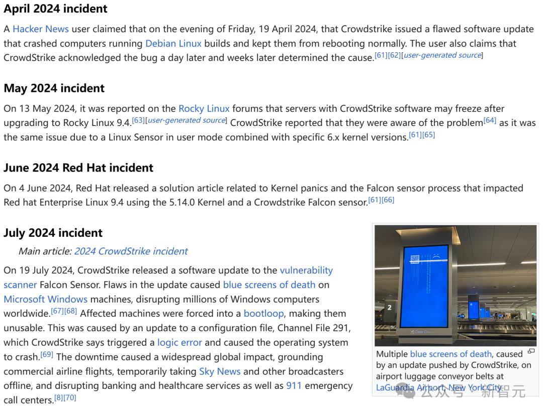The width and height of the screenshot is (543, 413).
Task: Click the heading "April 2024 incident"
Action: [55, 9]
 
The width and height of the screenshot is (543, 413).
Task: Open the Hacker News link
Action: [40, 29]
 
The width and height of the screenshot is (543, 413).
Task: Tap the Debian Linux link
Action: [173, 43]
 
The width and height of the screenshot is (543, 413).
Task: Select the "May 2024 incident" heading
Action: [54, 88]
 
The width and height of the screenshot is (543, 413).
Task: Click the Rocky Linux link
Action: [204, 108]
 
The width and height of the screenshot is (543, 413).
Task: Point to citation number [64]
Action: [489, 120]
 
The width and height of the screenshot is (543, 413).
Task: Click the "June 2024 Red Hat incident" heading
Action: [78, 167]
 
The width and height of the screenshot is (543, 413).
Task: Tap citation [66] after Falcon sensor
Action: [388, 200]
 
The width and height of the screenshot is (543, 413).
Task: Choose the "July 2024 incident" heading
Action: [53, 232]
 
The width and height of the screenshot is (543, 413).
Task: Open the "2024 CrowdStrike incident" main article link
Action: [131, 251]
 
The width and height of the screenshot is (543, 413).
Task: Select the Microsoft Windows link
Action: [45, 299]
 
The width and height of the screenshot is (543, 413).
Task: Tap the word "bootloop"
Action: [263, 314]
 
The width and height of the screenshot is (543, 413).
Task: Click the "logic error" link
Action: [179, 343]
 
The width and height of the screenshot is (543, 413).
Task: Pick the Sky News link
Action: [220, 372]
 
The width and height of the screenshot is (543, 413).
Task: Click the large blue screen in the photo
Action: [424, 286]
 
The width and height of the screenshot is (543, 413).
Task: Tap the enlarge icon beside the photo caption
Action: [531, 351]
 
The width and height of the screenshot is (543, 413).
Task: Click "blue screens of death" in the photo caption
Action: [450, 354]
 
